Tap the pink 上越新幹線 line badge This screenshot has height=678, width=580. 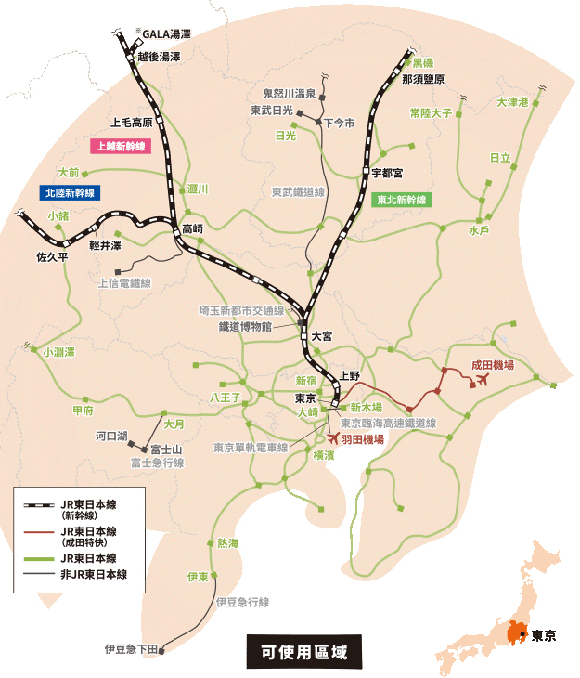pyautogui.click(x=118, y=146)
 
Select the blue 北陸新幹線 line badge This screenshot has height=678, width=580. pyautogui.click(x=70, y=192)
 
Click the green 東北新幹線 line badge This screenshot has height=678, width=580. pyautogui.click(x=401, y=200)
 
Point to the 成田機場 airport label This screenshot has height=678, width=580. pyautogui.click(x=493, y=366)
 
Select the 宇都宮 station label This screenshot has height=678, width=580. pyautogui.click(x=387, y=173)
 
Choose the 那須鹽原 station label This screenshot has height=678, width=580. pyautogui.click(x=423, y=80)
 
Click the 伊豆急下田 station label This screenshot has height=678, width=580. pyautogui.click(x=132, y=647)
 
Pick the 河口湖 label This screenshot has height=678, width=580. pyautogui.click(x=110, y=435)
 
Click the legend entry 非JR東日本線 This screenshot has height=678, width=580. pyautogui.click(x=94, y=575)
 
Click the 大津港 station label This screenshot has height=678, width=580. pyautogui.click(x=512, y=102)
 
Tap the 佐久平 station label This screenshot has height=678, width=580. pyautogui.click(x=52, y=256)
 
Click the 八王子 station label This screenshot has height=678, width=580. pyautogui.click(x=226, y=398)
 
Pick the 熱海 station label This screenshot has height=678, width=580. pyautogui.click(x=227, y=543)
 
